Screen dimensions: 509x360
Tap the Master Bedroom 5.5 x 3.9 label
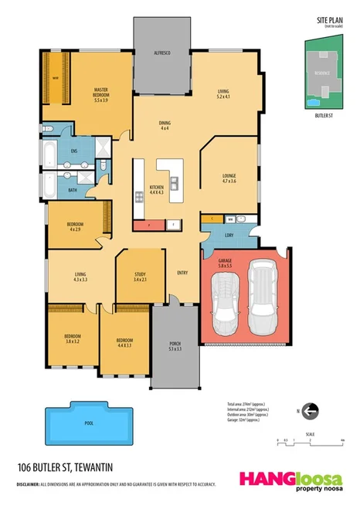tap(100, 94)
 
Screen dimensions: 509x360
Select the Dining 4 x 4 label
tap(164, 125)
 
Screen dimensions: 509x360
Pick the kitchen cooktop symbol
tap(140, 196)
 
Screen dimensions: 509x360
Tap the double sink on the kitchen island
tap(175, 183)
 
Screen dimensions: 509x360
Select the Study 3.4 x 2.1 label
tap(141, 276)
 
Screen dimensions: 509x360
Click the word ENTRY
tap(182, 273)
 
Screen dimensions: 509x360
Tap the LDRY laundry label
tap(229, 236)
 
